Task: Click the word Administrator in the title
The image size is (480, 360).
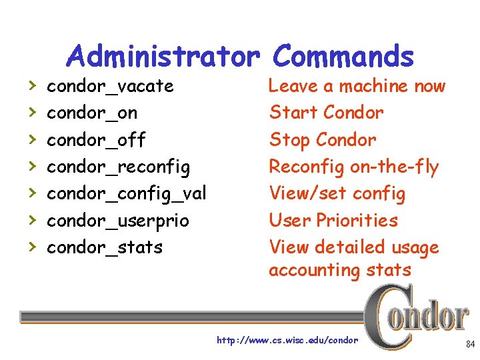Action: tap(163, 57)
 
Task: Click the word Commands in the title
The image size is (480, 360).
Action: tap(343, 57)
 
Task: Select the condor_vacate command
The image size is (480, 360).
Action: tap(110, 87)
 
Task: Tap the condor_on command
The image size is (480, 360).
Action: tap(91, 113)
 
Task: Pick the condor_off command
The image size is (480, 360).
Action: tap(95, 140)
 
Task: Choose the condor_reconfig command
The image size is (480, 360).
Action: tap(118, 167)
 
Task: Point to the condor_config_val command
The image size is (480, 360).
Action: tap(126, 193)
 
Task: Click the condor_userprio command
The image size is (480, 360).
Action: tap(117, 220)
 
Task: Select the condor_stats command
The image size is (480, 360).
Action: tap(104, 247)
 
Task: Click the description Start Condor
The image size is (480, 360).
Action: tap(326, 113)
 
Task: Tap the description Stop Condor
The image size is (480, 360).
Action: tap(323, 140)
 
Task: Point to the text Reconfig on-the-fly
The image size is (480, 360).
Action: tap(353, 167)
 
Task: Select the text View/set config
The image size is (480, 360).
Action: tap(337, 193)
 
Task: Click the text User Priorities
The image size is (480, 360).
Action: tap(333, 220)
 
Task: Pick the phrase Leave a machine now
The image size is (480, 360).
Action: tap(357, 86)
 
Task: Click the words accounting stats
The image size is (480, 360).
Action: tap(340, 270)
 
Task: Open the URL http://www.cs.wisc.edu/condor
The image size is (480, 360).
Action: tap(287, 341)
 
